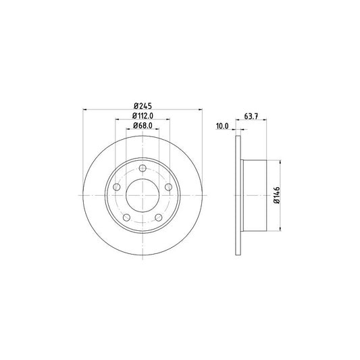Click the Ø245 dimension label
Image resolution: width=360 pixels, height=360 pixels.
click(143, 106)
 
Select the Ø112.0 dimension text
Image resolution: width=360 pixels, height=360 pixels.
click(143, 116)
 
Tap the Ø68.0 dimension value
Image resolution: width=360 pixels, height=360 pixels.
click(143, 126)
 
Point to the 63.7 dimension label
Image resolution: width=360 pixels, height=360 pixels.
click(251, 116)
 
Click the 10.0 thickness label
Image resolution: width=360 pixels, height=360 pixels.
click(222, 126)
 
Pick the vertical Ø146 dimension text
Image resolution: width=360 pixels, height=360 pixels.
click(277, 195)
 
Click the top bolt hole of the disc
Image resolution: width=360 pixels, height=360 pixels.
click(143, 168)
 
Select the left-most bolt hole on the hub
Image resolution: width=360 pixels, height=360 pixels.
click(117, 187)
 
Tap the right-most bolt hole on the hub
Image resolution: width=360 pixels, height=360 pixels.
click(169, 187)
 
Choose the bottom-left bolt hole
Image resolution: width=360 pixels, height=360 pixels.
click(127, 217)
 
